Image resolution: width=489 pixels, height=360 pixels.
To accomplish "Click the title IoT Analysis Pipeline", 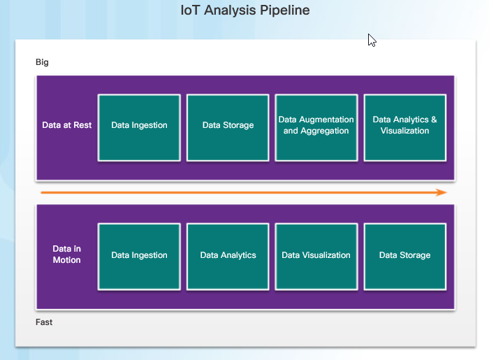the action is [x=245, y=10].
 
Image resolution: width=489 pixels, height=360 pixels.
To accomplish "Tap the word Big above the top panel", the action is [x=42, y=62].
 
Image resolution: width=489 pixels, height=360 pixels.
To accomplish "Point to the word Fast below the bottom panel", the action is [x=44, y=322].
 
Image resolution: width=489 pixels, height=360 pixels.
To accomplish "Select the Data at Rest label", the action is [x=67, y=125].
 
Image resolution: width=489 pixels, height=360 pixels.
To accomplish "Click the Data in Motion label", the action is [x=67, y=254].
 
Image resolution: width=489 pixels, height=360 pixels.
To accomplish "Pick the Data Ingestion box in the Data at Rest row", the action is [x=139, y=128].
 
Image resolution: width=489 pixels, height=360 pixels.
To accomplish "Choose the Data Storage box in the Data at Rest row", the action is [x=228, y=128].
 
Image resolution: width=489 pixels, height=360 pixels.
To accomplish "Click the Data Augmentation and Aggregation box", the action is [x=316, y=128].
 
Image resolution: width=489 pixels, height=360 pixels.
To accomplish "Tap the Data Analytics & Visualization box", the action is [x=404, y=128].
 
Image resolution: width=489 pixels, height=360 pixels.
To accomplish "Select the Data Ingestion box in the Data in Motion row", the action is [x=139, y=257].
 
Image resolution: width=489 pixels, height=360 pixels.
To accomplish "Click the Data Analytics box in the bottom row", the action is [x=228, y=257].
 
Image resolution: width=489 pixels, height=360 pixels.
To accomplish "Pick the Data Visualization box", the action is [x=316, y=257].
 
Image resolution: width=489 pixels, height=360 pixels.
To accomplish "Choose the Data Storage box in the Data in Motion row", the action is [x=404, y=257].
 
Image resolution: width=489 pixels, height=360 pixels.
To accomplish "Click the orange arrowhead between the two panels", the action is [x=441, y=192].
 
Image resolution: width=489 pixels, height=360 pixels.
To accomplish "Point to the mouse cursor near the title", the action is [x=372, y=41].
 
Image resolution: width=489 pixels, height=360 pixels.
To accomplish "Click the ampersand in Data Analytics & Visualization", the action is [x=434, y=120].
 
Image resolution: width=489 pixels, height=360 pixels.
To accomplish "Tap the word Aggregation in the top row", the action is [x=325, y=131].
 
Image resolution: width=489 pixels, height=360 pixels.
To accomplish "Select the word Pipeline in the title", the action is [x=285, y=10].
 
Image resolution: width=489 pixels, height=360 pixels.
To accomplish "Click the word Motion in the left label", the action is [x=67, y=260].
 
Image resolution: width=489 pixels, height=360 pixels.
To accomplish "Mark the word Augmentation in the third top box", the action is [x=326, y=120].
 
